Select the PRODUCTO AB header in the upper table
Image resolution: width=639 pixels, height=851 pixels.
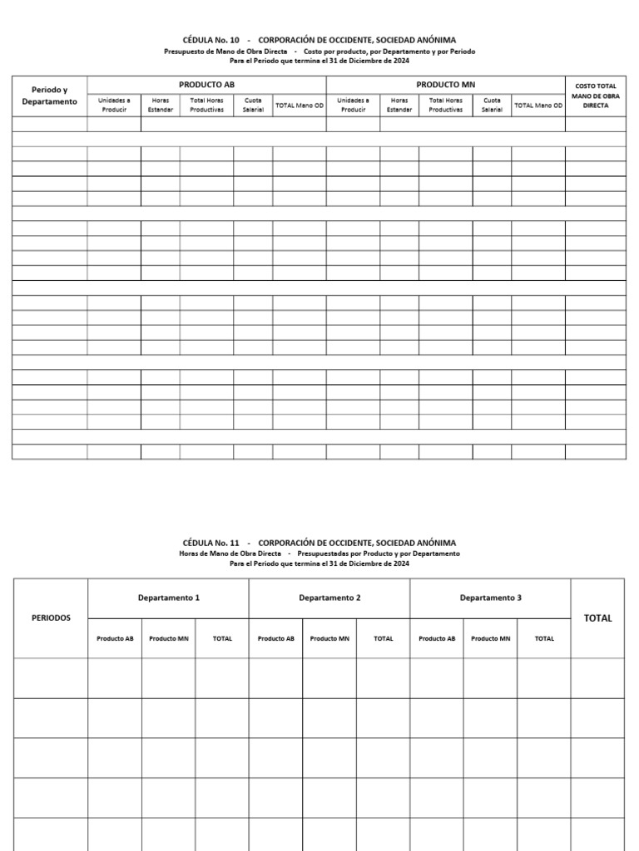coord(206,85)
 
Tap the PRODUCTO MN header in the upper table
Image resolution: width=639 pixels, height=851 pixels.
coord(445,85)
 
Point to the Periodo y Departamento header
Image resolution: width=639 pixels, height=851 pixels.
coord(49,96)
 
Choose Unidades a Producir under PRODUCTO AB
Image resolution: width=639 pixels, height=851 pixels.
coord(114,105)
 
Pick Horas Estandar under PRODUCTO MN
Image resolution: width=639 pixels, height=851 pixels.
coord(399,105)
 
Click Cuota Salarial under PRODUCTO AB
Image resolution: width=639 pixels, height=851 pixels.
coord(253,105)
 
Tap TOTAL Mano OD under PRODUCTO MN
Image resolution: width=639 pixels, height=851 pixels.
coord(538,105)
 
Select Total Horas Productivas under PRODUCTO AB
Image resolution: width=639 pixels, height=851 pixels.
coord(206,105)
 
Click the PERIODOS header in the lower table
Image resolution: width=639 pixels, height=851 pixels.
coord(51,617)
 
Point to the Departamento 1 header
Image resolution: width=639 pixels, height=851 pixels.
coord(168,598)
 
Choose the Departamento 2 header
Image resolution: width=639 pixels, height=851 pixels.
coord(329,598)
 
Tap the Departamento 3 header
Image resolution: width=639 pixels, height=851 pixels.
coord(490,598)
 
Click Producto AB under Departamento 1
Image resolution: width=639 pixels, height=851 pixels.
coord(115,638)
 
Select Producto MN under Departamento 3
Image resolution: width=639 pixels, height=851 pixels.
coord(490,638)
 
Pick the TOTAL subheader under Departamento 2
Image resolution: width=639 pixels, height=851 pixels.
coord(383,638)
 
